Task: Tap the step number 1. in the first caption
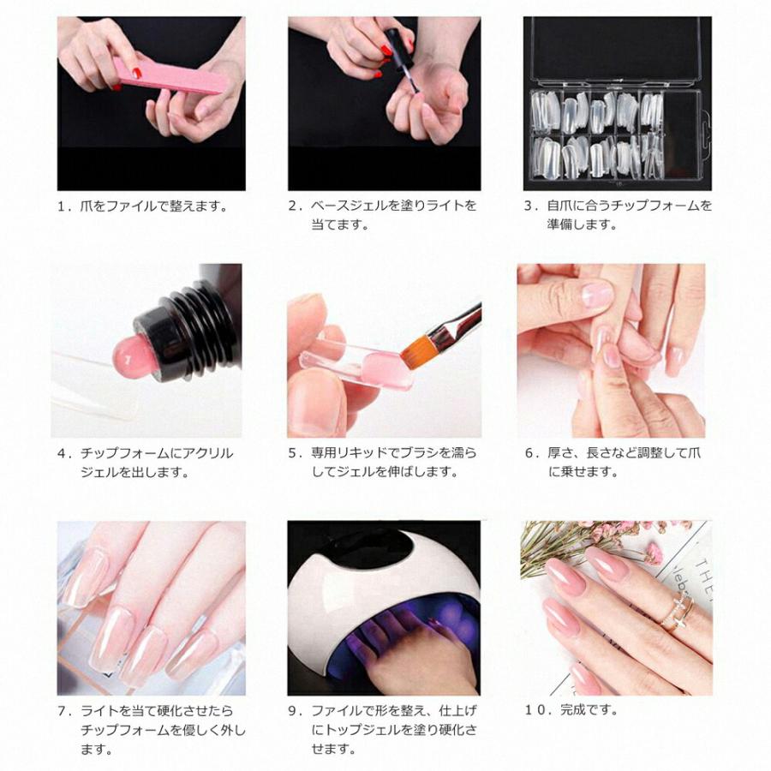(64, 206)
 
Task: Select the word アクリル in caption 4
(211, 453)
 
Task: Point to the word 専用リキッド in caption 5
(350, 453)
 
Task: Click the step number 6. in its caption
(530, 453)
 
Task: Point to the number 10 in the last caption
(535, 710)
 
